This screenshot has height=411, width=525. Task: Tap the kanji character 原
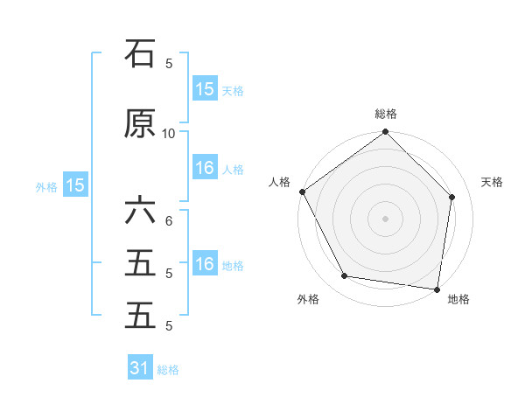[x=140, y=124]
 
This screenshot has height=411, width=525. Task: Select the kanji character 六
[x=140, y=212]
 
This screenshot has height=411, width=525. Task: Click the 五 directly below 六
[x=140, y=263]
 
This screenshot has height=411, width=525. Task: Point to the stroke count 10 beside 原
[x=169, y=133]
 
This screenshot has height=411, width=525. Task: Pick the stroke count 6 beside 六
[x=169, y=220]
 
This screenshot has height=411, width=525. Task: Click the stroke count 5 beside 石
[x=169, y=63]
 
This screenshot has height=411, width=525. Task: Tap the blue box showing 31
[x=140, y=368]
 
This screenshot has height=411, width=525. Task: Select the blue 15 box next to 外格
[x=74, y=185]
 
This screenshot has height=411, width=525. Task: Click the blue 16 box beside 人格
[x=204, y=169]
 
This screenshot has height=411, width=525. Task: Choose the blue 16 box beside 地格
[x=204, y=264]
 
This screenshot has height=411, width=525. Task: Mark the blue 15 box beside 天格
[x=204, y=89]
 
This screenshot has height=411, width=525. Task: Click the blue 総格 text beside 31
[x=168, y=370]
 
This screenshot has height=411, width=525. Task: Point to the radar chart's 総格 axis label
[x=386, y=114]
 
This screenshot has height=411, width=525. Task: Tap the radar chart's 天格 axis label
[x=492, y=182]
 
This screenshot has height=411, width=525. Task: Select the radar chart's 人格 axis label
[x=280, y=182]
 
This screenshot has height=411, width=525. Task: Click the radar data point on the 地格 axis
[x=437, y=289]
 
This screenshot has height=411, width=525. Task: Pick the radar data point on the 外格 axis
[x=345, y=276]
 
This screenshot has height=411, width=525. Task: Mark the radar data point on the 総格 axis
[x=386, y=132]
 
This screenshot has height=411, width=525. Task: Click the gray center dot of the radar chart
[x=386, y=218]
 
